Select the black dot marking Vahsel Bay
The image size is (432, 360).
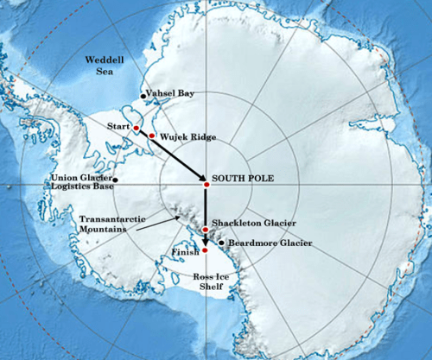[143, 96]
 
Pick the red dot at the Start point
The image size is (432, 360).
[136, 129]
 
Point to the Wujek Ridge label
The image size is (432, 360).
[185, 136]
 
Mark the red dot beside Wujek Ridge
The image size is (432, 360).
[152, 136]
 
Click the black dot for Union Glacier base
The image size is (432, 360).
[115, 180]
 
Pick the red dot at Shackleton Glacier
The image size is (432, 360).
[205, 231]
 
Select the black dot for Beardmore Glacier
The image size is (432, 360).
[222, 243]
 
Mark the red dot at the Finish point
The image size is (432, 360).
[205, 250]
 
